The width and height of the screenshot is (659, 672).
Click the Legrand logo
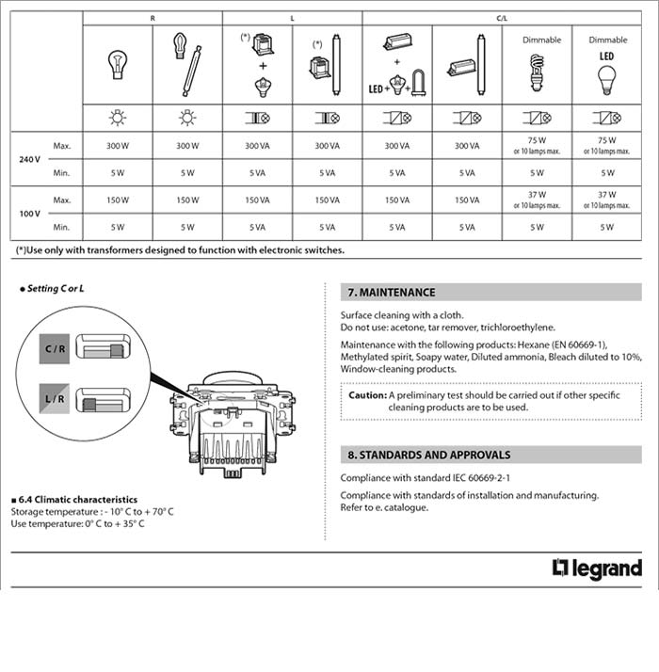(x=597, y=568)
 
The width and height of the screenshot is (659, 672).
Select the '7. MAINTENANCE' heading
(x=392, y=293)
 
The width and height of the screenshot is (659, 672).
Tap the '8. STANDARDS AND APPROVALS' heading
(x=428, y=455)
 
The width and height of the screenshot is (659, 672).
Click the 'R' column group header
(x=153, y=19)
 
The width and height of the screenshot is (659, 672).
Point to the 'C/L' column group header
(x=502, y=19)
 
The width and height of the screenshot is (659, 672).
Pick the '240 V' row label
(x=29, y=159)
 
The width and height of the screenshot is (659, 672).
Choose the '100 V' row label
(x=29, y=214)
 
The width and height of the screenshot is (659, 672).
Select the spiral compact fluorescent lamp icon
(x=538, y=72)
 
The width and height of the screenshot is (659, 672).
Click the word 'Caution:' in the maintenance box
(x=367, y=395)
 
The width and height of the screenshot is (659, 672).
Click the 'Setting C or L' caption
(x=56, y=287)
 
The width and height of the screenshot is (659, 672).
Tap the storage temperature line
(x=92, y=511)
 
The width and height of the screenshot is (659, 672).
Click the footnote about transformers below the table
(x=180, y=250)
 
